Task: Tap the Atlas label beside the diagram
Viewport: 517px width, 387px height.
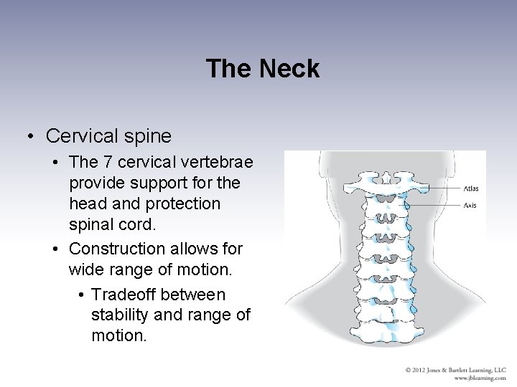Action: click(471, 189)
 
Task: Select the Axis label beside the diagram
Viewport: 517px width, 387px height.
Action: click(470, 205)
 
